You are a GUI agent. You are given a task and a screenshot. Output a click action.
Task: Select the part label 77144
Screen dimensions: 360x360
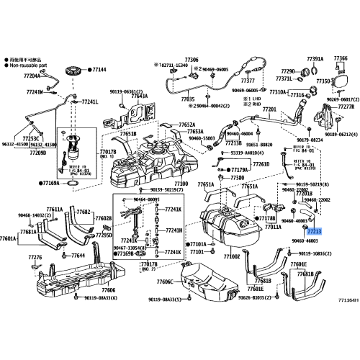coord(98,70)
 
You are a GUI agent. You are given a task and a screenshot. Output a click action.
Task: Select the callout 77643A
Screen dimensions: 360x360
coord(140,96)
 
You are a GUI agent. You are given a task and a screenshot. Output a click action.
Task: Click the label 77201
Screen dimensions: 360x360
coord(270,109)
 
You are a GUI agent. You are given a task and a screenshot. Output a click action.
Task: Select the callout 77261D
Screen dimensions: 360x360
coord(261,164)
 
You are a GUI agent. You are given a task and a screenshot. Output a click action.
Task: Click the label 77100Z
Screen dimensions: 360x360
coord(231,256)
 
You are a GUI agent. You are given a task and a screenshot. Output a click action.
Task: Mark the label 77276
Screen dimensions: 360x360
coord(35,256)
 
